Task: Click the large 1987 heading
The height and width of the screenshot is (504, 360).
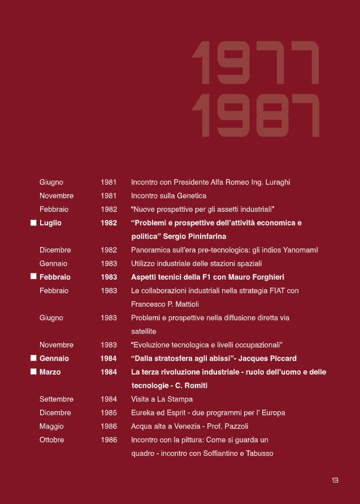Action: coord(255,115)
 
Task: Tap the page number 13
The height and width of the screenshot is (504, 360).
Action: coord(335,480)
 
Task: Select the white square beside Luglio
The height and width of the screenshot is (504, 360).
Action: coord(33,223)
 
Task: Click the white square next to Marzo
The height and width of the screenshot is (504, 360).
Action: coord(33,372)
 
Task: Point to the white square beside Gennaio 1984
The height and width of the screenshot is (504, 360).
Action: coord(33,358)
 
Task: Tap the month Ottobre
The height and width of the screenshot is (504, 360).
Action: coord(52,440)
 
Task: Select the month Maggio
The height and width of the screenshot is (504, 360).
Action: coord(51,426)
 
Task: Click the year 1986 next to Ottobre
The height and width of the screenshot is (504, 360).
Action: coord(109,440)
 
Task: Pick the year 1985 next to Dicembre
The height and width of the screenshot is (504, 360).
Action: coord(109,412)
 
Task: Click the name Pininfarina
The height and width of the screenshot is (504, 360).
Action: coord(202,236)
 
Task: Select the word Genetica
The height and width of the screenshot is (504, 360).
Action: coord(192,195)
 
